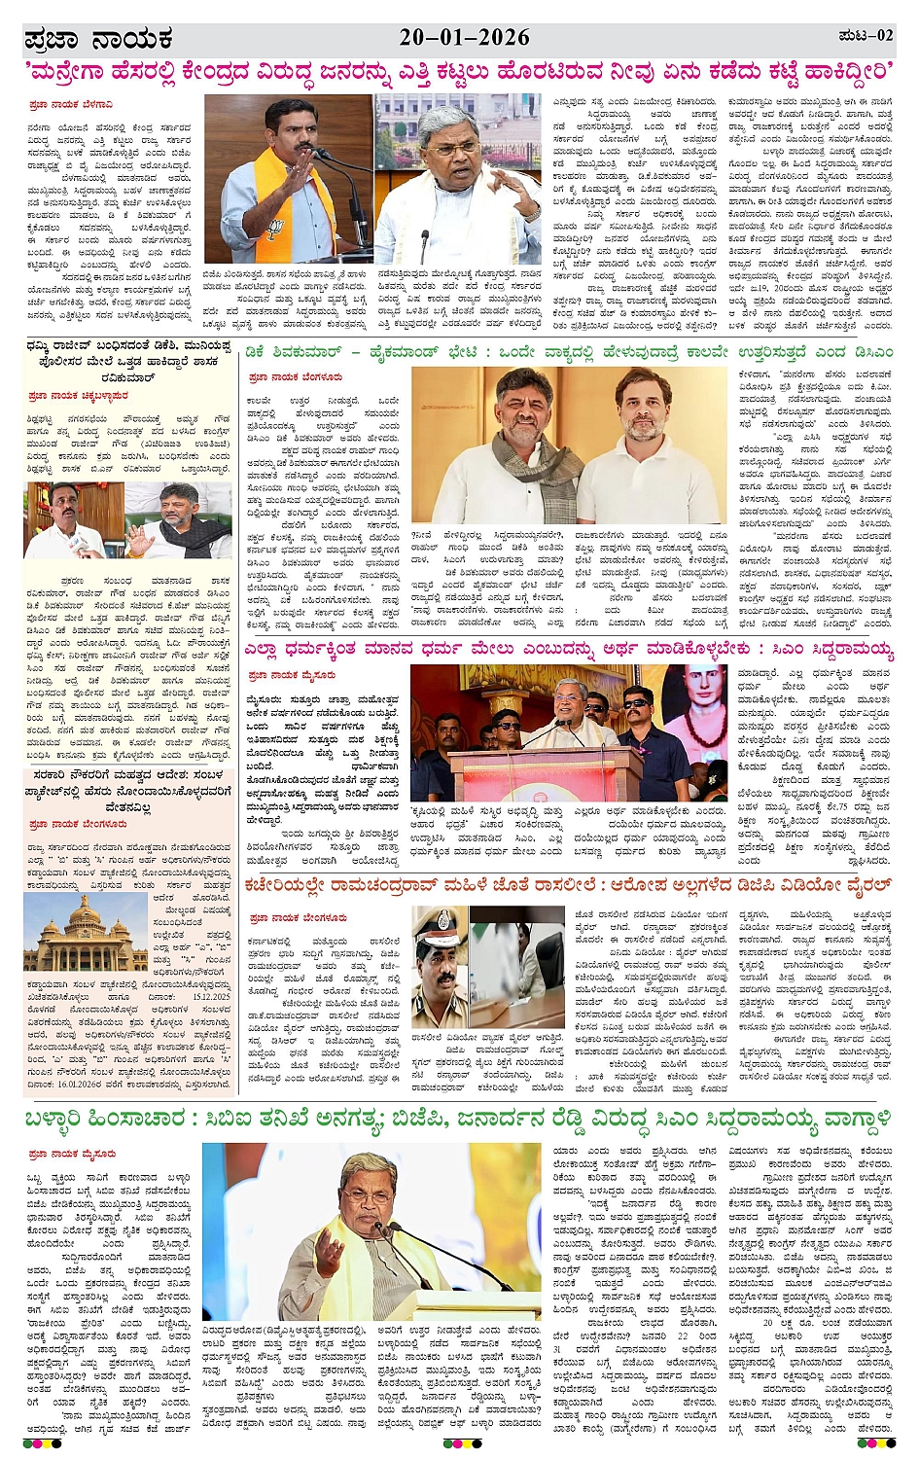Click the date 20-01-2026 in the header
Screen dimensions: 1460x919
[x=464, y=37]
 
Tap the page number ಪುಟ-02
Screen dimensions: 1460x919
[x=865, y=36]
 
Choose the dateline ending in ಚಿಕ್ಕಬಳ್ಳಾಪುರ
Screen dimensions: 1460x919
[x=78, y=396]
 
